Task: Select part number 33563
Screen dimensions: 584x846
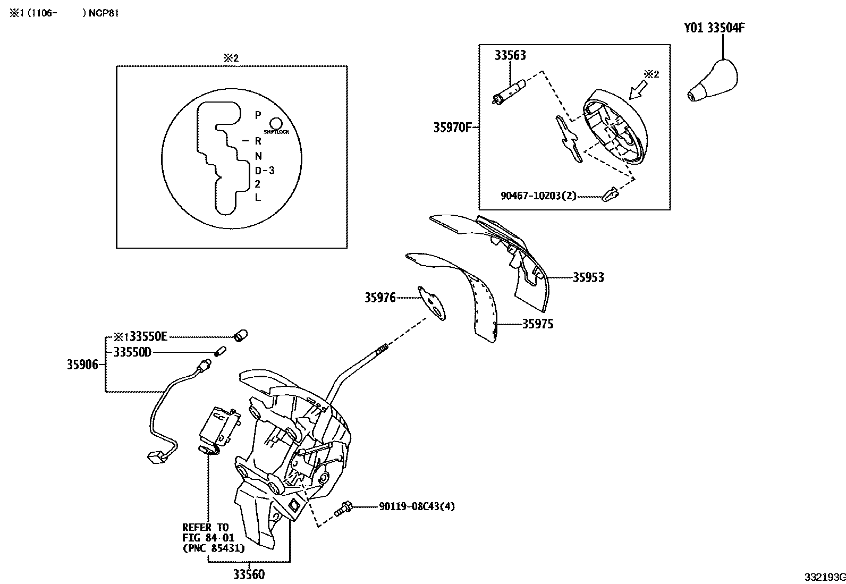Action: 510,55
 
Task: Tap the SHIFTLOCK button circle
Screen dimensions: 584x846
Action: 276,123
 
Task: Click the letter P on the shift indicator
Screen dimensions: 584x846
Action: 258,115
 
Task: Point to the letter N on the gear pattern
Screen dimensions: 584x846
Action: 258,156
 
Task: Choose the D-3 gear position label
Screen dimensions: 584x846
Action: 264,171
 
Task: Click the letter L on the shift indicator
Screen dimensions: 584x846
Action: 258,198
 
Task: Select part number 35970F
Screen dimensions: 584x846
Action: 452,128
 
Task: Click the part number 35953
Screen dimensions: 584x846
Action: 588,277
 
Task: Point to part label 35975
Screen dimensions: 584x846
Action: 537,324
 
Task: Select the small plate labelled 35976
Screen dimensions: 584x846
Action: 433,303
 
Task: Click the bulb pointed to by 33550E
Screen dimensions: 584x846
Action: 241,336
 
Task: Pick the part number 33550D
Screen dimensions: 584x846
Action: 132,352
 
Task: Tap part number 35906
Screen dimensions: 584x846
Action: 82,365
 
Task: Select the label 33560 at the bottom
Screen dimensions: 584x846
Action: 248,574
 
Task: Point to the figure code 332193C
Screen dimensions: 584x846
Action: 824,577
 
